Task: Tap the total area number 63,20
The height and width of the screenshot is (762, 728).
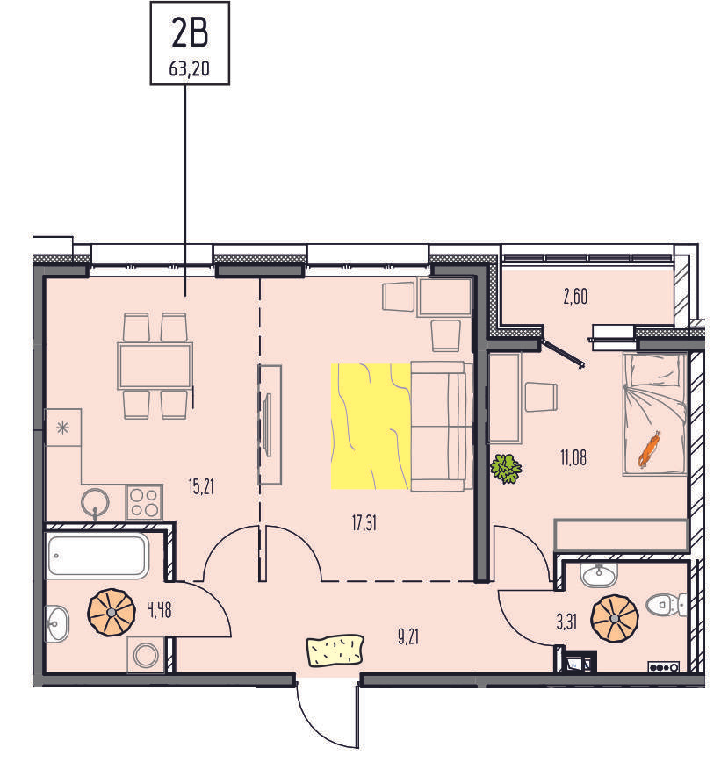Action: pos(190,68)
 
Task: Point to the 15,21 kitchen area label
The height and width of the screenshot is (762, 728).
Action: pos(201,486)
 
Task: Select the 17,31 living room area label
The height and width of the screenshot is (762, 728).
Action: pos(364,523)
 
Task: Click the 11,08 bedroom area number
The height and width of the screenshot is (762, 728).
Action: pos(573,457)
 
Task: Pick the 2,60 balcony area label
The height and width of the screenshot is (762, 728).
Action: pos(575,296)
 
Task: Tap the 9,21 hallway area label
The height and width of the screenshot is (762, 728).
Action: pos(408,636)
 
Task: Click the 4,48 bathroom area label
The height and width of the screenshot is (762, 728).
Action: pos(160,609)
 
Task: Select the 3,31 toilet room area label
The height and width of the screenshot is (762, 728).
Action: pos(566,622)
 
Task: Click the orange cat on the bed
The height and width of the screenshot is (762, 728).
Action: pos(649,449)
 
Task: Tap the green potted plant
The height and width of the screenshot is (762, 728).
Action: pos(506,469)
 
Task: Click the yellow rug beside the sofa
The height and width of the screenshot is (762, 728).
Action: pos(371,426)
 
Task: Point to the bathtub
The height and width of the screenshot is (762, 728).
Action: pos(97,556)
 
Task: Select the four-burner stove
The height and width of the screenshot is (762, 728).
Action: pos(144,502)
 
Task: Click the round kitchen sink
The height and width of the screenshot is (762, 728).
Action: pos(95,502)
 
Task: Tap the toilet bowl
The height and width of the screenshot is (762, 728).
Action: pos(667,605)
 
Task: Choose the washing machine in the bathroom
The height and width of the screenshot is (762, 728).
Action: pos(146,655)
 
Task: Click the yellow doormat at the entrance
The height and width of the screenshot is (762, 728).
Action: pos(335,650)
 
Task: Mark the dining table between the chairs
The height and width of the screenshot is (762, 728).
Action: pos(155,366)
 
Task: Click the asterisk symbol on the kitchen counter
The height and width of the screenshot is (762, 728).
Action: pos(62,428)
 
